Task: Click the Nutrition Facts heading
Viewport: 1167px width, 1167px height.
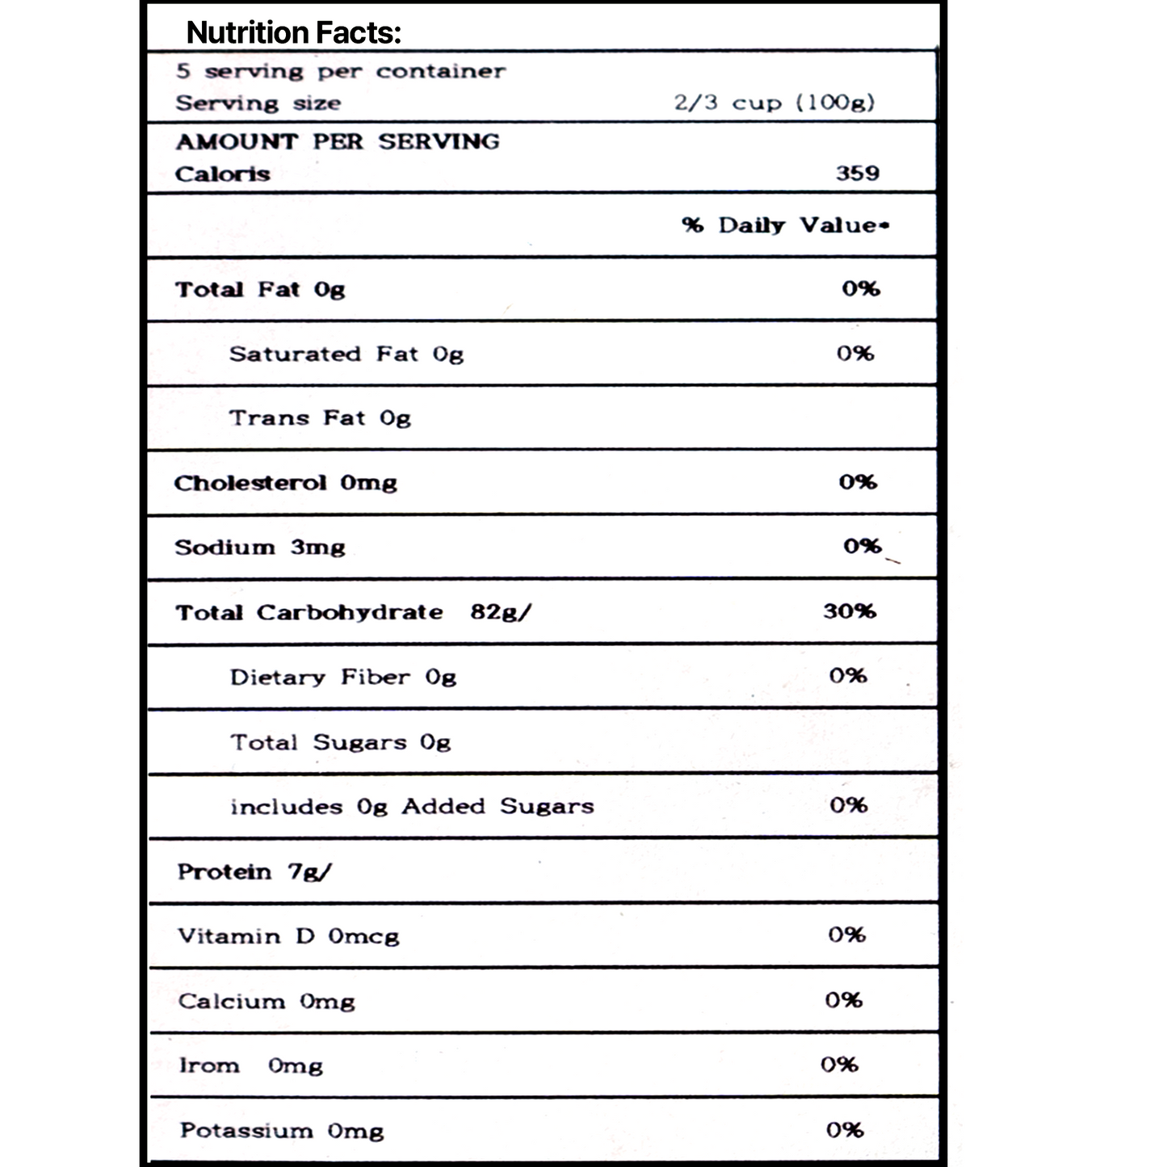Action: pos(293,33)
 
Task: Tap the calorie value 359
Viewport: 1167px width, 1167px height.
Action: pos(857,173)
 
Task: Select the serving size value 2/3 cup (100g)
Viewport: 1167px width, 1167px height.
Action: pos(775,103)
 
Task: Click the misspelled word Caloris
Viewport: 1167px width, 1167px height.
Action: pos(222,174)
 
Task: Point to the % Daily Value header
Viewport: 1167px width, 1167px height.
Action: pos(784,225)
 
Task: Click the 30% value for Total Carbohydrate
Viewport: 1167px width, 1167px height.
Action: pos(849,611)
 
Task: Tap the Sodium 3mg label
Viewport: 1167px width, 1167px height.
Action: pos(259,548)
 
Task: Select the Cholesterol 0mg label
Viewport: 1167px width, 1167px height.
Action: pos(285,483)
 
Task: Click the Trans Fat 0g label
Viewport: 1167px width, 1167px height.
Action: pos(320,418)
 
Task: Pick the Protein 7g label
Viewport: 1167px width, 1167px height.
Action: pos(254,872)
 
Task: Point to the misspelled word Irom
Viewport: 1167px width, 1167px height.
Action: pos(209,1066)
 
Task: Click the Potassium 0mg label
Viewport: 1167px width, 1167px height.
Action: pos(281,1131)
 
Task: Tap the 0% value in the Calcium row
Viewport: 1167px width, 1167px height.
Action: pos(843,1000)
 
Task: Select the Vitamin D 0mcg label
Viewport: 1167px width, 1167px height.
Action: pos(288,937)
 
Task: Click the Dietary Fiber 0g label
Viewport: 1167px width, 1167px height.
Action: pos(342,677)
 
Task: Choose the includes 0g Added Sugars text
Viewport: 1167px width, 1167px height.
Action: pos(412,807)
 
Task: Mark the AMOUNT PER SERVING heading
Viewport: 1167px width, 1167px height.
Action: pos(338,141)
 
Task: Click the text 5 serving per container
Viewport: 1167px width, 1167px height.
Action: pos(341,71)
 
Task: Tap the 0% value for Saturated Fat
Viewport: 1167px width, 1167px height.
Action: pos(854,353)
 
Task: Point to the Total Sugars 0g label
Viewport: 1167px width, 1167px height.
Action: pos(340,742)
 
